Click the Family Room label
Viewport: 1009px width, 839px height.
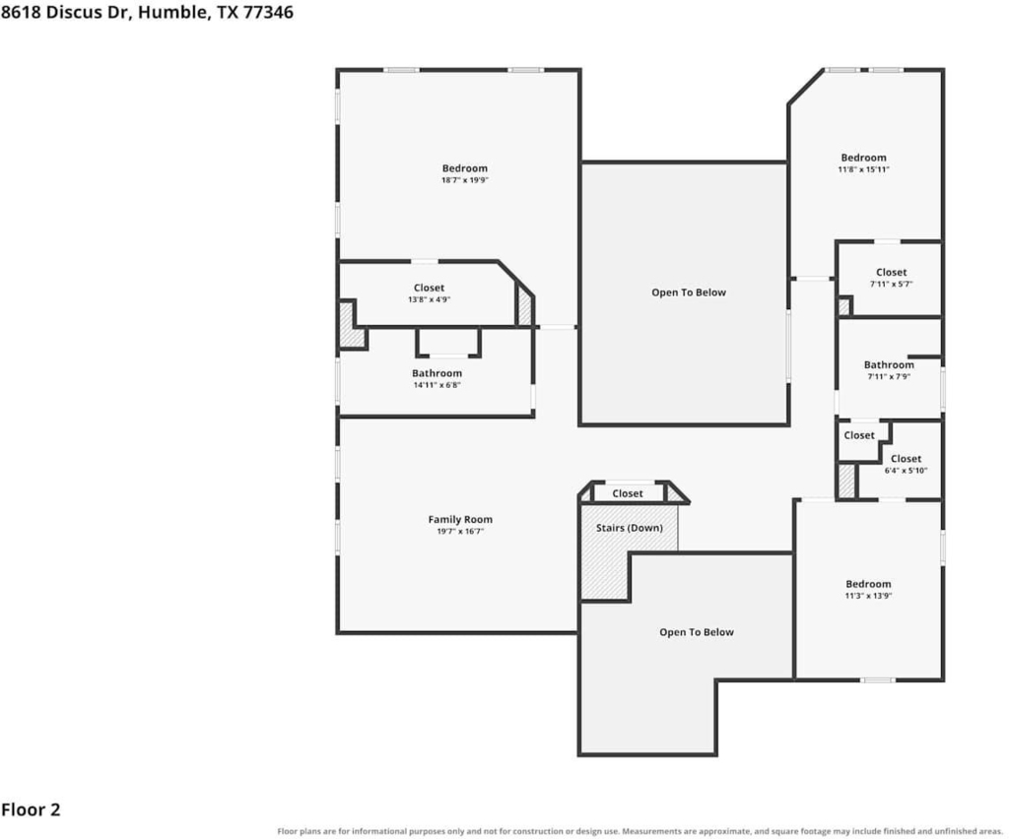click(460, 520)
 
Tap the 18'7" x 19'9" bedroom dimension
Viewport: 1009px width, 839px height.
click(465, 180)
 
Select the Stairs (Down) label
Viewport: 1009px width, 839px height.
click(629, 528)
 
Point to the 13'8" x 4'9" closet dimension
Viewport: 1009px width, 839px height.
click(430, 299)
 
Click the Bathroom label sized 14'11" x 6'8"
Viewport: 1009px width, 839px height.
click(437, 373)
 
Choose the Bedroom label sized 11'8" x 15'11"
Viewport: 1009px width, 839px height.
click(863, 158)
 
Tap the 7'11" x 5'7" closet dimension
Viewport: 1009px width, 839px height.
click(891, 284)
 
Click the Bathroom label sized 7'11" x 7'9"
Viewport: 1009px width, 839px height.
click(889, 365)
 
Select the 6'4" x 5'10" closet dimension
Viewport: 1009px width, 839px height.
click(907, 470)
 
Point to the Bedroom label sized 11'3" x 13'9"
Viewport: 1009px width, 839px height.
click(868, 584)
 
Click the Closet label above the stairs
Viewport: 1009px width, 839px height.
click(628, 493)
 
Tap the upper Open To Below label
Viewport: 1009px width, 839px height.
click(689, 292)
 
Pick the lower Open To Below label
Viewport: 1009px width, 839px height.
click(697, 632)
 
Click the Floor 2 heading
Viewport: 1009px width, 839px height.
click(31, 809)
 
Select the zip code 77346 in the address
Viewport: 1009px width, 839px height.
click(268, 12)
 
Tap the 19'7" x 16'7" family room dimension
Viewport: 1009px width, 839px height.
click(460, 531)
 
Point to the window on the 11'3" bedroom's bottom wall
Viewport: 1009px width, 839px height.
click(878, 680)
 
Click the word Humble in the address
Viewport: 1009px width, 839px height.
click(173, 12)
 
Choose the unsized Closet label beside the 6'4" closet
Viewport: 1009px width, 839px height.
click(859, 435)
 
